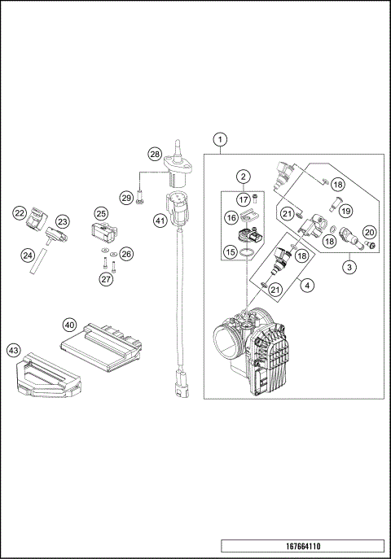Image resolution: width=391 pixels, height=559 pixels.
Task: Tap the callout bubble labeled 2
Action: click(x=243, y=177)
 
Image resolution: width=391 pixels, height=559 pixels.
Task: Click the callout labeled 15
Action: click(x=231, y=252)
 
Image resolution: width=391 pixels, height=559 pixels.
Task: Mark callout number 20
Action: click(x=368, y=233)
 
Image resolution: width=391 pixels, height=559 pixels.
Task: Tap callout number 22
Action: click(x=19, y=214)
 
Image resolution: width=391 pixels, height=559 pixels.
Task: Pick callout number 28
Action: click(x=154, y=155)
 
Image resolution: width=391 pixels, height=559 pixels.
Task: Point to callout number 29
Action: click(x=126, y=198)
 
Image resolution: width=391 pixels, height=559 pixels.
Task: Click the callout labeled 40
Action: click(x=71, y=324)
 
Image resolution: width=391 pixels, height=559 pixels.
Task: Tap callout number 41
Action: click(x=160, y=221)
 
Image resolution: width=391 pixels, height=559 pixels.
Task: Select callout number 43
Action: click(x=14, y=350)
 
